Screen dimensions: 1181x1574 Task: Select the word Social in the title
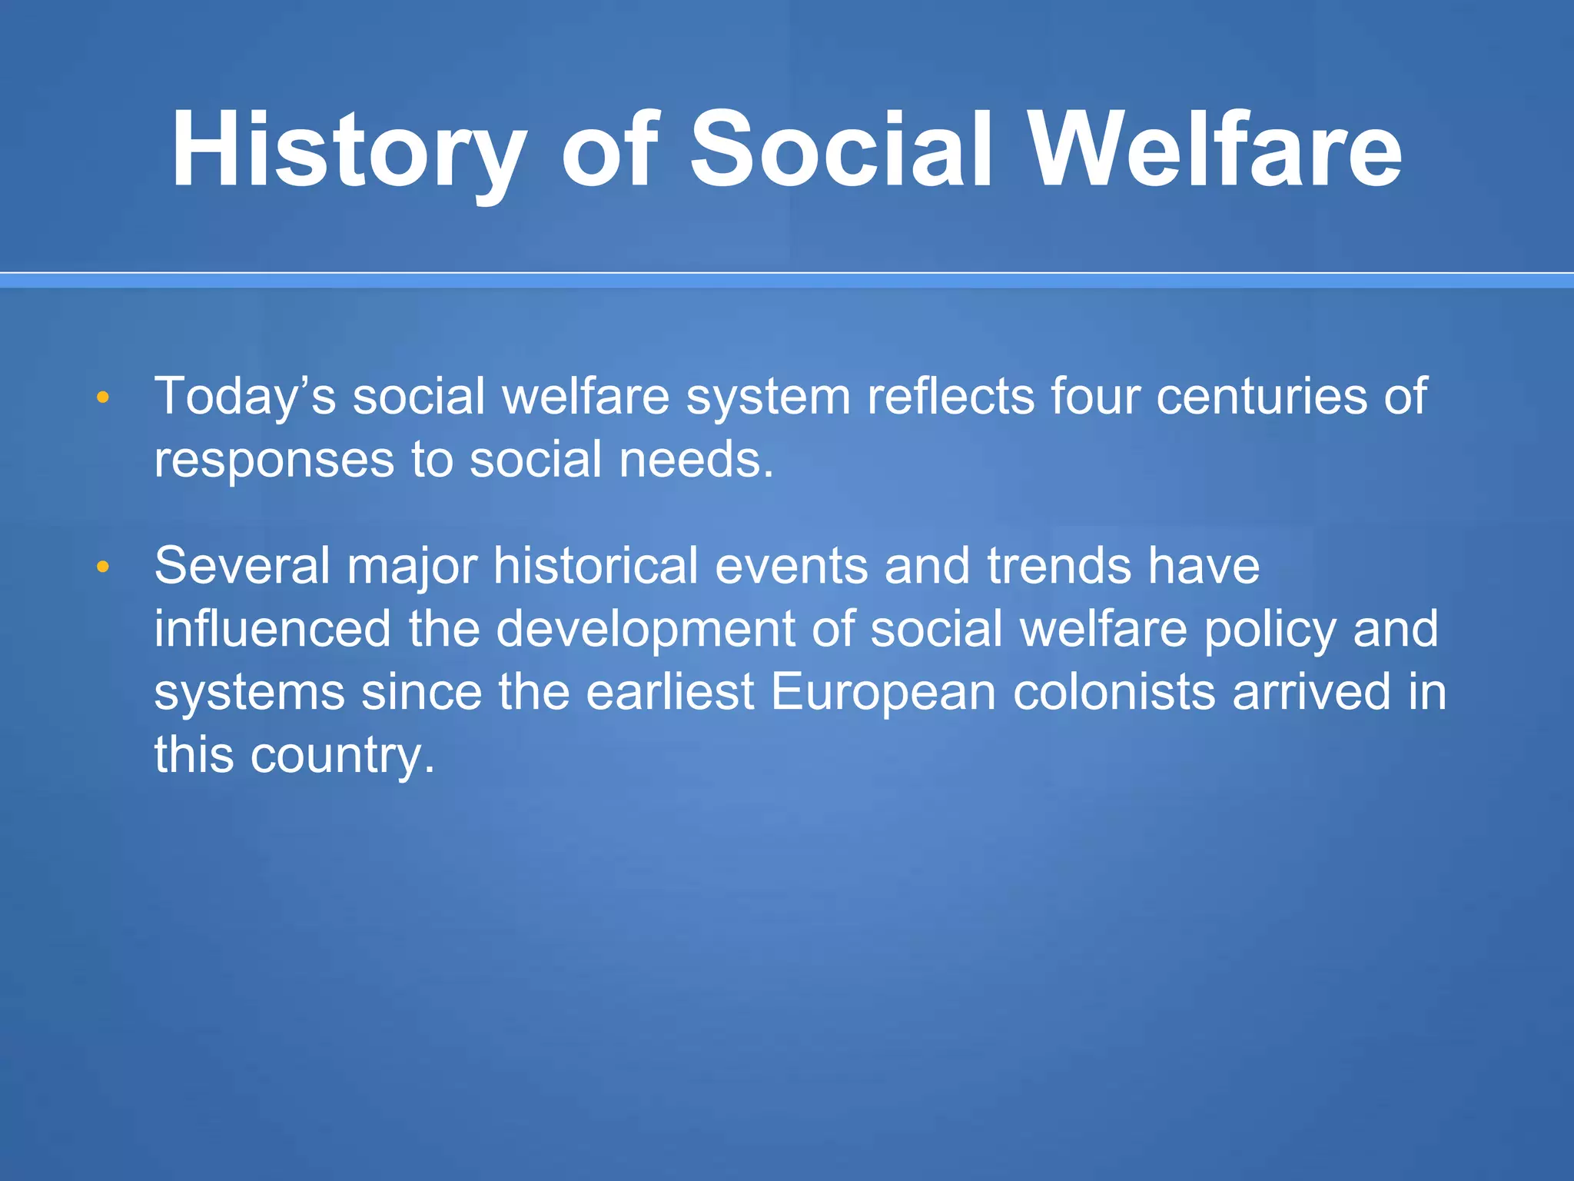click(842, 150)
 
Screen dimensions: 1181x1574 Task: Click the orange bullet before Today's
click(103, 398)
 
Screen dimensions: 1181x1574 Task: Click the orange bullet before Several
click(103, 567)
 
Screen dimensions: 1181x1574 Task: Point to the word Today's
click(245, 397)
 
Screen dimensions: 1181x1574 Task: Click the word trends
click(1059, 566)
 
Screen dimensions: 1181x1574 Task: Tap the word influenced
click(273, 629)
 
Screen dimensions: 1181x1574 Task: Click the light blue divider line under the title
click(787, 281)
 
